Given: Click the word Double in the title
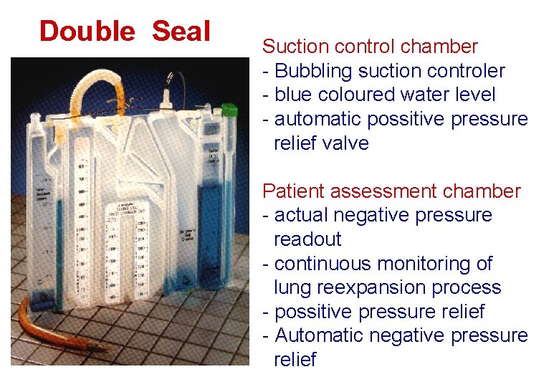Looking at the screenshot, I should tap(87, 32).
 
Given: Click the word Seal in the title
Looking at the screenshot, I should tap(181, 32).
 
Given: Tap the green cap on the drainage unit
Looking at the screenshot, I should tap(229, 110).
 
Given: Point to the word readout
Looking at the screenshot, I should tap(307, 239).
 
